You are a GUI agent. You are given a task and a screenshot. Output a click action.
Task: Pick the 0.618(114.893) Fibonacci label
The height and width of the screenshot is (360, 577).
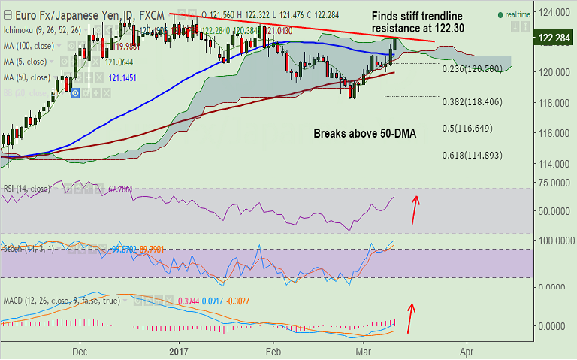tap(476, 156)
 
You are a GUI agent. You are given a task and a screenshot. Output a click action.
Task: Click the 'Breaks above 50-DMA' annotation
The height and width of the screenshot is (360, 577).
tap(364, 133)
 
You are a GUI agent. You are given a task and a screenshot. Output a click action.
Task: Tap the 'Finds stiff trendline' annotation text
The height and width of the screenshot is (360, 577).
tap(418, 16)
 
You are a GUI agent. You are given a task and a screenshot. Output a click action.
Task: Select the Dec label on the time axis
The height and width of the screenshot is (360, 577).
tap(80, 350)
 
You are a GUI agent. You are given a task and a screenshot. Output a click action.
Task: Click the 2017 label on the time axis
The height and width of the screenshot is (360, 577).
tap(179, 350)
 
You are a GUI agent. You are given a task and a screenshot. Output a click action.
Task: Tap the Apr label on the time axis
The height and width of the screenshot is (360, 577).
tap(467, 350)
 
